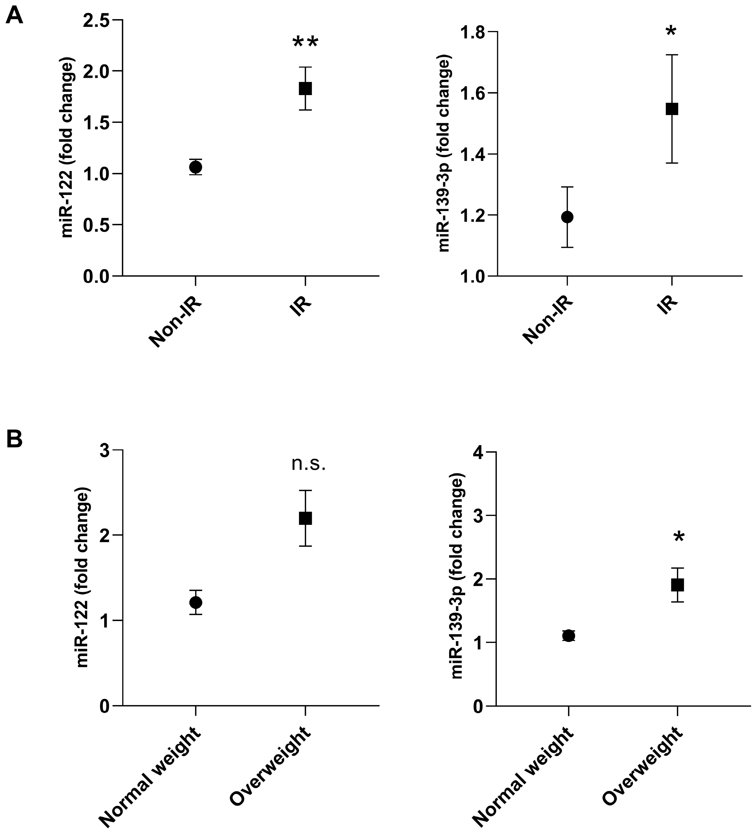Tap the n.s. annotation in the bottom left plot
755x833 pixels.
(x=309, y=464)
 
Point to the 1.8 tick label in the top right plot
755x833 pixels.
(x=472, y=32)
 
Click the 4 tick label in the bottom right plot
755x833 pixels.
(x=479, y=452)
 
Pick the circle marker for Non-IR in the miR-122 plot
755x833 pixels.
(x=195, y=167)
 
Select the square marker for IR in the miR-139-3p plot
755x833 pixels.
(x=672, y=109)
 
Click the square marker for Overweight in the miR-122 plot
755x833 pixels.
(x=305, y=518)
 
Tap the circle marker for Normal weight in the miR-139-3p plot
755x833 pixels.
(x=569, y=636)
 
